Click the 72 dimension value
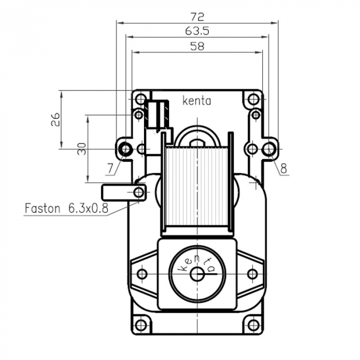(x=197, y=16)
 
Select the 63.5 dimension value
(x=197, y=31)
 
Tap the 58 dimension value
(x=197, y=46)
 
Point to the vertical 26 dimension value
(x=56, y=119)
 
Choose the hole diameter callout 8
(x=283, y=167)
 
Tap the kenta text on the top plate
(x=196, y=101)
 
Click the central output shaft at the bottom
(x=197, y=274)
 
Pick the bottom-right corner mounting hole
(x=253, y=325)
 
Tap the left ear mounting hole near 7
(x=124, y=149)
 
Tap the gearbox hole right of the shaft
(x=253, y=274)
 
